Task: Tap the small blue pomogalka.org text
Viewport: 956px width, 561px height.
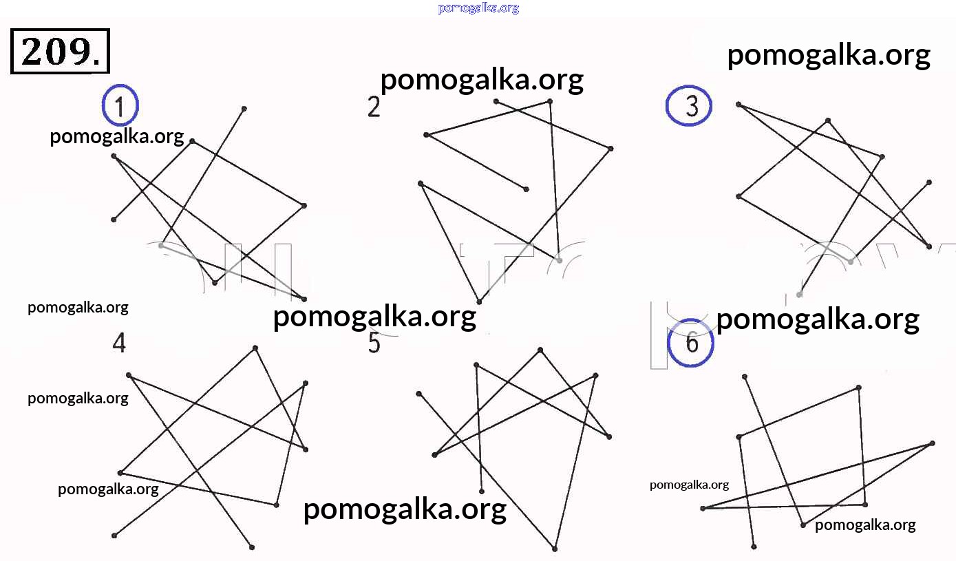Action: point(478,8)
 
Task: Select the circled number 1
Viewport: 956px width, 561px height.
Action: point(120,106)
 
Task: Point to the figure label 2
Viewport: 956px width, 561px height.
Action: point(374,107)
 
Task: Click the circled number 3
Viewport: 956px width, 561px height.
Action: point(689,106)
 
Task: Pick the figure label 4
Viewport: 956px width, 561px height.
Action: point(120,342)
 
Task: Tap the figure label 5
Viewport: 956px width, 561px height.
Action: point(374,342)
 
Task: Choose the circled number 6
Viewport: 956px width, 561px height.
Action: point(692,341)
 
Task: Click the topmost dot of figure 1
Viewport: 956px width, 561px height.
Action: point(244,109)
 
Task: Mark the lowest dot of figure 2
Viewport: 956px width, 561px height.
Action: point(479,301)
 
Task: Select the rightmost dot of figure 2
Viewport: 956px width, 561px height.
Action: point(610,148)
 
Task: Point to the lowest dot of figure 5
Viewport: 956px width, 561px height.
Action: point(555,549)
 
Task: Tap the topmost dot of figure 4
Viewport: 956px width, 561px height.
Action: point(255,348)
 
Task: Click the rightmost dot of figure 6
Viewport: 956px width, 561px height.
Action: point(933,443)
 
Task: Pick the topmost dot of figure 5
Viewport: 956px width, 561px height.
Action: point(540,350)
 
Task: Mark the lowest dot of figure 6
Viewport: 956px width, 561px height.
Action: point(754,547)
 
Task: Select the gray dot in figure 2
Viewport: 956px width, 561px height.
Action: point(560,260)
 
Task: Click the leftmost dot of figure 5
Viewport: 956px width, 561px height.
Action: point(418,394)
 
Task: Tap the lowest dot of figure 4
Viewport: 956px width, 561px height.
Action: point(252,547)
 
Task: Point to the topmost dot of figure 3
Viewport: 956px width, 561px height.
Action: point(739,105)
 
